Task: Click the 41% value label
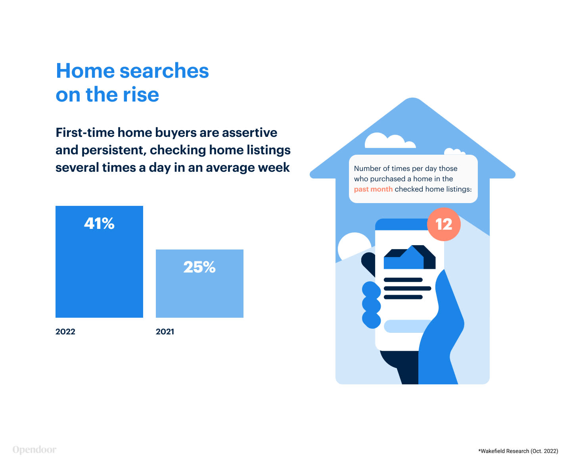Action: pyautogui.click(x=99, y=223)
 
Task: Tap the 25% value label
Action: pyautogui.click(x=199, y=267)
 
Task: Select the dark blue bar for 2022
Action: pyautogui.click(x=99, y=261)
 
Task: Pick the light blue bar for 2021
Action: pyautogui.click(x=199, y=283)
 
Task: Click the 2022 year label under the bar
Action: pyautogui.click(x=65, y=332)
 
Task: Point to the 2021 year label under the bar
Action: pyautogui.click(x=165, y=332)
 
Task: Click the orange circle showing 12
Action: pyautogui.click(x=444, y=224)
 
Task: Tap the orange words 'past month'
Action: pyautogui.click(x=373, y=189)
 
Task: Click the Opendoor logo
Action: pyautogui.click(x=34, y=450)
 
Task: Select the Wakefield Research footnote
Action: pyautogui.click(x=518, y=451)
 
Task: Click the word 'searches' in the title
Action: pyautogui.click(x=164, y=71)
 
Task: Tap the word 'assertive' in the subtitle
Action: pyautogui.click(x=249, y=132)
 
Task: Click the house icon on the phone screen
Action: pyautogui.click(x=409, y=257)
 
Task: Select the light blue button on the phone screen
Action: pyautogui.click(x=408, y=326)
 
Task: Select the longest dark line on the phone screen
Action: pyautogui.click(x=408, y=288)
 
